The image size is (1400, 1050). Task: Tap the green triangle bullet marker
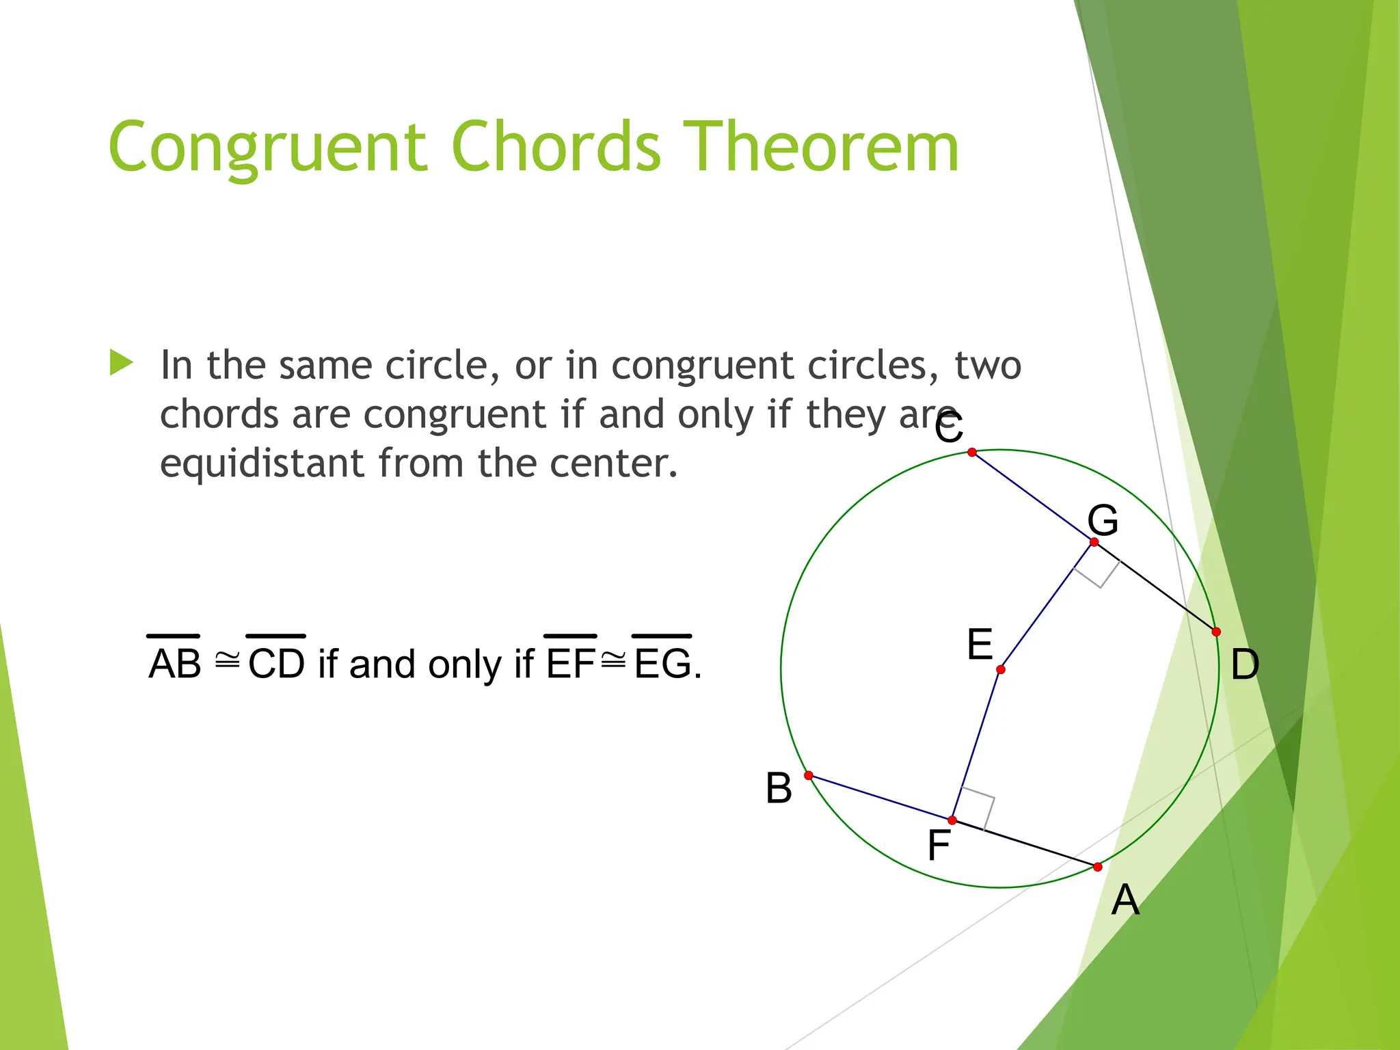click(x=121, y=363)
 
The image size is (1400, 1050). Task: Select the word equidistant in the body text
click(x=261, y=463)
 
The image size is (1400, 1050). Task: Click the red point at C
click(x=972, y=453)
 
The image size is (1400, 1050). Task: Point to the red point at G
click(x=1094, y=542)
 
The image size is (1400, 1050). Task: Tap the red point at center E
click(x=1001, y=669)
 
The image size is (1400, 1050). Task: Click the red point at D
click(x=1216, y=632)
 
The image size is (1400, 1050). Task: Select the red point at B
click(x=809, y=775)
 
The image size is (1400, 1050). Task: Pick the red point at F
click(x=952, y=820)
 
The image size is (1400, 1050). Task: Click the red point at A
click(x=1098, y=867)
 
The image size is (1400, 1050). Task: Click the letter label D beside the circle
click(x=1245, y=664)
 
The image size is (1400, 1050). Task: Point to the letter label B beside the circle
click(x=779, y=788)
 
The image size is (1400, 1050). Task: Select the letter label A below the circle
click(x=1125, y=900)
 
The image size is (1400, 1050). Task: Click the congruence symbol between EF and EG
click(x=613, y=660)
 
